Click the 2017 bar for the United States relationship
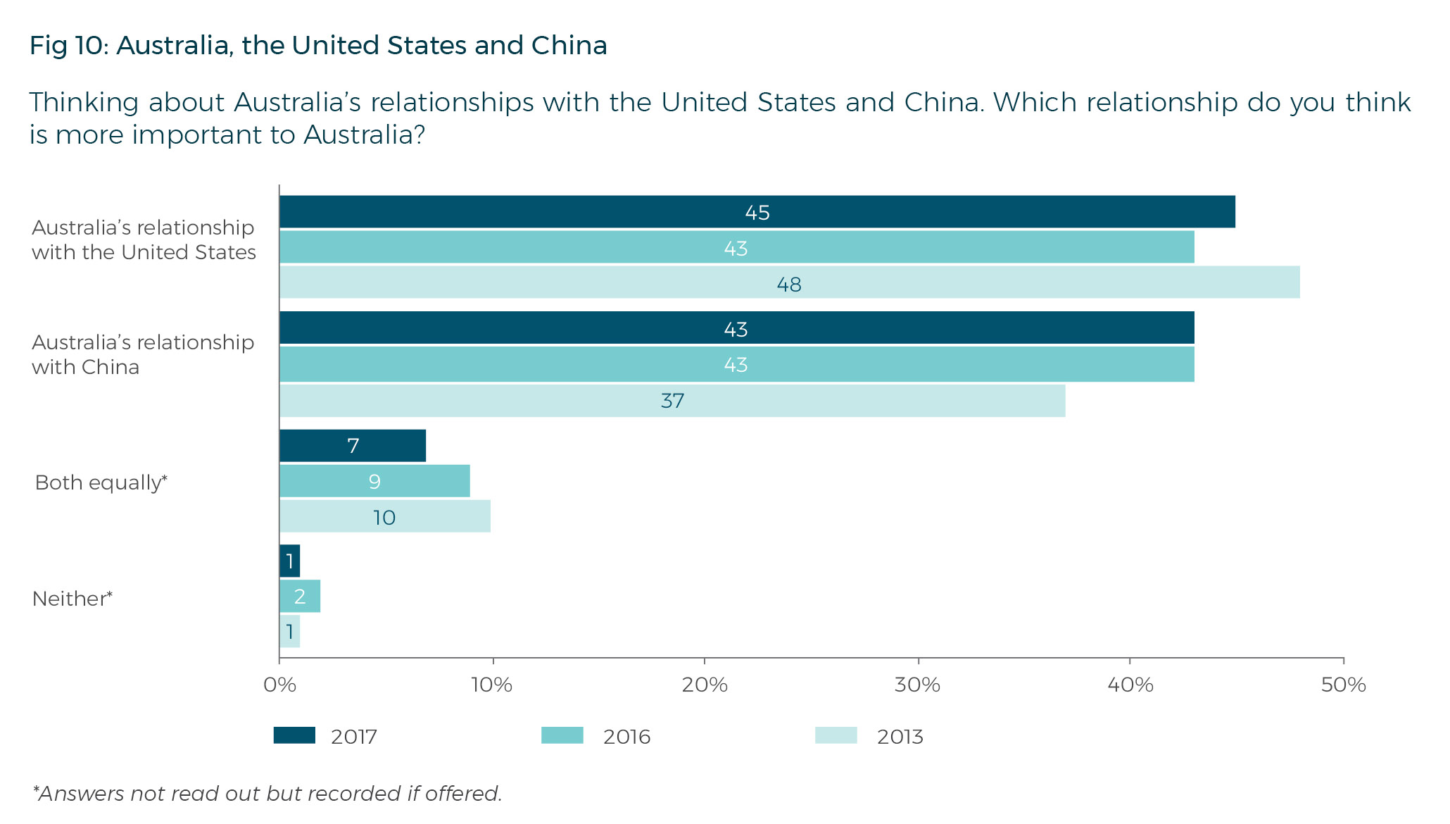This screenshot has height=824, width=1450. click(757, 212)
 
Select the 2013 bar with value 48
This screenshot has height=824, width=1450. click(788, 283)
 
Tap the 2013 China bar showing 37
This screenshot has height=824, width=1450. click(672, 401)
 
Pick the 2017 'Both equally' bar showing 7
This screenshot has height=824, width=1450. click(353, 446)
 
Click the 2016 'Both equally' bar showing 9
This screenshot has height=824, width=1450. click(374, 482)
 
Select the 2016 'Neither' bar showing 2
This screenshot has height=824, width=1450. click(300, 597)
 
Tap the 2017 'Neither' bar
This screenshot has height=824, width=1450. click(289, 561)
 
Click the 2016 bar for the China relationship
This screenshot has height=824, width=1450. click(736, 365)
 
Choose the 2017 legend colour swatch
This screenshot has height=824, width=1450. click(294, 736)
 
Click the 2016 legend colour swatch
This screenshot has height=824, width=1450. click(562, 736)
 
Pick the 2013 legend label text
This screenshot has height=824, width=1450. click(900, 737)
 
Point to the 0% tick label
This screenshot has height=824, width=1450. click(279, 685)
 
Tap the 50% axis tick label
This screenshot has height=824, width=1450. click(1343, 685)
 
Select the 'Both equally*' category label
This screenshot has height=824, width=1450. click(101, 482)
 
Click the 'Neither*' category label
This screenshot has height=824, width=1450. click(72, 599)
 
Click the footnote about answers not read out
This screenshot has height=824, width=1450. click(267, 794)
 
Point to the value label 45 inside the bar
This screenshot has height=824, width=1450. click(757, 213)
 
